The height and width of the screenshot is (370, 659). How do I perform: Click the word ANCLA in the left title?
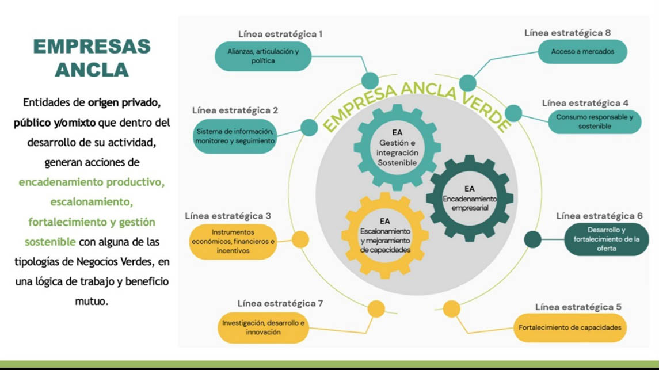92,70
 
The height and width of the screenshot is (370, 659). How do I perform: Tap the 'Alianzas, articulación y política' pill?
263,56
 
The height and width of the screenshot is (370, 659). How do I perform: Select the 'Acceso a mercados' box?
582,52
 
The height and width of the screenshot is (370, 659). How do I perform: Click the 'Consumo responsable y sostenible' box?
594,121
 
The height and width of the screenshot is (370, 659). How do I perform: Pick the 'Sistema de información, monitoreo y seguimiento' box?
235,136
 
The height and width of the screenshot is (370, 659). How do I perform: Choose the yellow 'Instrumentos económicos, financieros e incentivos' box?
233,242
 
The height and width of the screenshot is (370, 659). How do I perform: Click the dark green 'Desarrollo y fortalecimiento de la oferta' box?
606,239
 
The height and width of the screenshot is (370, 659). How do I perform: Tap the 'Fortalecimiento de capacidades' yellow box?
569,327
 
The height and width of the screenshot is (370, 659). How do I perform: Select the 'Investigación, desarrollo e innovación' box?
263,327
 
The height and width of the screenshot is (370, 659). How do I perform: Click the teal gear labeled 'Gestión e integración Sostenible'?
397,147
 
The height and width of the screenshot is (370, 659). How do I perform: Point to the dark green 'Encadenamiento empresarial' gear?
470,198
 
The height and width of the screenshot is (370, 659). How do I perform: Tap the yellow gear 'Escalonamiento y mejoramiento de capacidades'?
385,235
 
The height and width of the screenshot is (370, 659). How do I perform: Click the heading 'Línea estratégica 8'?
567,33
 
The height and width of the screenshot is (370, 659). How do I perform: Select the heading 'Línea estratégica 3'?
228,216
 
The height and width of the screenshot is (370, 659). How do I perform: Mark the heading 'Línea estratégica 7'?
280,303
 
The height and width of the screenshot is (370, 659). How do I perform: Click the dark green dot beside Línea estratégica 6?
533,239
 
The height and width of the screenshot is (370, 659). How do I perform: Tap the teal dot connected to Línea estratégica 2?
309,127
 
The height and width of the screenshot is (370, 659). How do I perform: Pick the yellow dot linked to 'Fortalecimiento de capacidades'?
452,309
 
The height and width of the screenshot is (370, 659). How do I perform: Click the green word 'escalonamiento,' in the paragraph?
92,202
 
